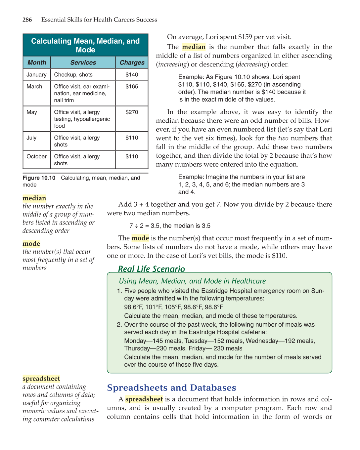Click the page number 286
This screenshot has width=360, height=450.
(27, 20)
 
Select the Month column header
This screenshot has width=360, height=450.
(37, 62)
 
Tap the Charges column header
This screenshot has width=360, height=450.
(132, 62)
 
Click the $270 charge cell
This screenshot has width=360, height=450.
(132, 112)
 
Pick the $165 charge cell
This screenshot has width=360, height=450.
(132, 87)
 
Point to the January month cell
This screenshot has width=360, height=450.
(36, 75)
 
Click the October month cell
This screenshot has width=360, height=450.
(36, 156)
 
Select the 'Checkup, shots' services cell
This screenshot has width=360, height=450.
(73, 75)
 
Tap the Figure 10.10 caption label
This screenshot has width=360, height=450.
(39, 178)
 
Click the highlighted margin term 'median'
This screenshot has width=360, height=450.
(34, 198)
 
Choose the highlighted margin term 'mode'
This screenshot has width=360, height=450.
(31, 244)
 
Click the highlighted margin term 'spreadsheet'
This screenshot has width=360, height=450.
(41, 379)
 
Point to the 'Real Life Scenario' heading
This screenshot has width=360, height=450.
(152, 269)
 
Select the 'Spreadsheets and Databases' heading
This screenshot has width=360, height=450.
(171, 388)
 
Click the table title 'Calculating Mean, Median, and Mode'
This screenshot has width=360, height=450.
(85, 45)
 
